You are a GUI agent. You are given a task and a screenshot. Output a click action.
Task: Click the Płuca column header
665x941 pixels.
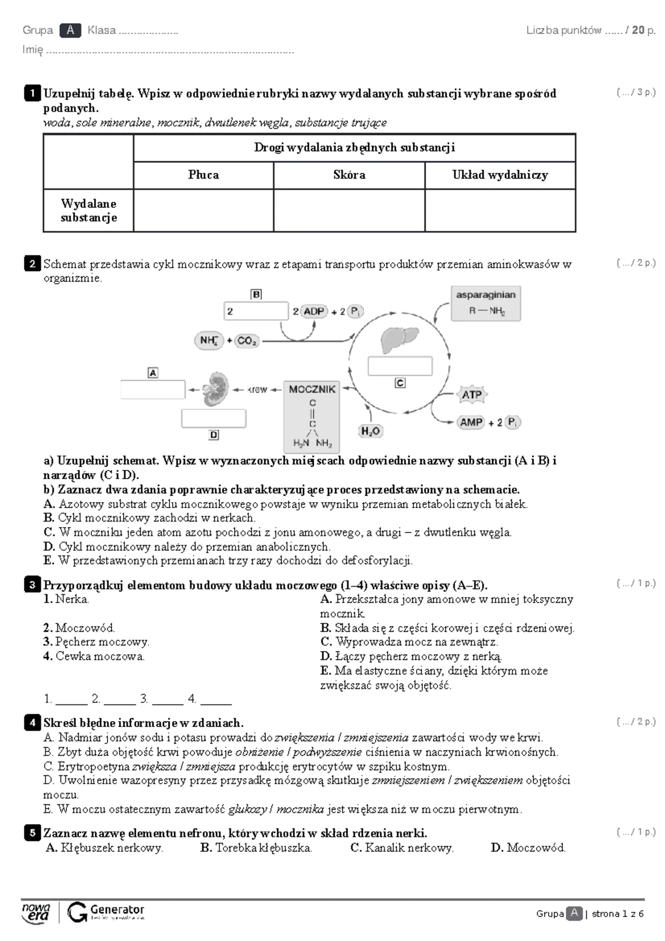point(203,175)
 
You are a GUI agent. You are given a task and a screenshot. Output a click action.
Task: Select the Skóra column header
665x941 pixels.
point(349,175)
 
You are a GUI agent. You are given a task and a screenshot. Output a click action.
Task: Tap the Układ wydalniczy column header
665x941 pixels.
point(500,175)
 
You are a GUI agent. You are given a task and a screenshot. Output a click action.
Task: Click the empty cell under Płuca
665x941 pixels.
point(203,211)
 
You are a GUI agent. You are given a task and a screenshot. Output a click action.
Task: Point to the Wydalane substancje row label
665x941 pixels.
point(89,211)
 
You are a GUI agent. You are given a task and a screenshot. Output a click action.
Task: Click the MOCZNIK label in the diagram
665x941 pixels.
point(312,389)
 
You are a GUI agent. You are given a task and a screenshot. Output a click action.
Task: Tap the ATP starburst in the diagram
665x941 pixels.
point(472,395)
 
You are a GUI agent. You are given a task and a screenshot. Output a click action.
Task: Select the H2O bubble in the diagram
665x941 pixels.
point(370,431)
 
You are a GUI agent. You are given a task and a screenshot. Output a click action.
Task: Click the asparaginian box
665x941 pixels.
point(485,303)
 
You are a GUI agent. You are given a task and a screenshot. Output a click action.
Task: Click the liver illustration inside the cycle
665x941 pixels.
point(399,339)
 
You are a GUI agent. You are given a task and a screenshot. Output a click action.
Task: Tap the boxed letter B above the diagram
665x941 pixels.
point(257,294)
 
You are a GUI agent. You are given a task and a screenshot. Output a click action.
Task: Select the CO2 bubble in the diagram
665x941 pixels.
point(247,341)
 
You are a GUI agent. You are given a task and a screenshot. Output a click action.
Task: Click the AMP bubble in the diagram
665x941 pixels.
point(471,422)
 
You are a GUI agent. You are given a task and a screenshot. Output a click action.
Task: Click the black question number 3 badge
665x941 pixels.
point(32,585)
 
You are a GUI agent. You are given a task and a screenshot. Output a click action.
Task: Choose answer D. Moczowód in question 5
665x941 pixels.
point(528,848)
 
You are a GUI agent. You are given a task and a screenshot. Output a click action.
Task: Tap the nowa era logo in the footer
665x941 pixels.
point(36,912)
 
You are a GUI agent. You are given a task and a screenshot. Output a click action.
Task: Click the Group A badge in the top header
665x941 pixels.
point(70,30)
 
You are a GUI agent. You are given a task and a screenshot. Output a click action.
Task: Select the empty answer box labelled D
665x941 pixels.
point(214,418)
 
